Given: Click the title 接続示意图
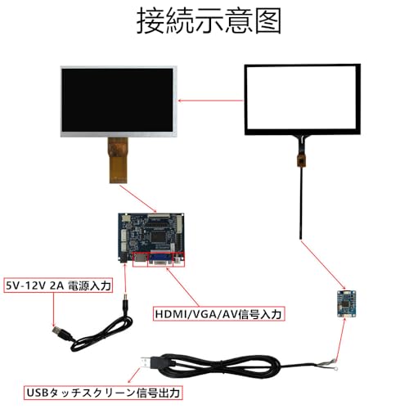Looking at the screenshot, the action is click(x=209, y=21).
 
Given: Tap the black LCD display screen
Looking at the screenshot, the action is click(x=117, y=100).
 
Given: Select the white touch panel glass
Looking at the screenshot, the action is click(x=302, y=99).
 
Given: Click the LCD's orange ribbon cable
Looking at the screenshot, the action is click(x=118, y=160).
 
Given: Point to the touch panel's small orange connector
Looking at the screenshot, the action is click(x=301, y=160).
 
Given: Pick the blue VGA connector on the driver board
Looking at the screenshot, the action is click(x=160, y=259).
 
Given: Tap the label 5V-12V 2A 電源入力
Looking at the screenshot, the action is click(x=58, y=285).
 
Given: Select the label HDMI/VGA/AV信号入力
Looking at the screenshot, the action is click(x=218, y=314).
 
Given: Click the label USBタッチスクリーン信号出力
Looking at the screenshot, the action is click(x=103, y=393).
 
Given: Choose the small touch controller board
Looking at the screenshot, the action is click(x=346, y=304).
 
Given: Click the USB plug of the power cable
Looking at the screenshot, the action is click(x=61, y=333).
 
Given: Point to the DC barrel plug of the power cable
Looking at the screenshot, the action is click(x=125, y=303).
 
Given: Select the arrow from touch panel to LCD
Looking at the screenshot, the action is click(x=210, y=101).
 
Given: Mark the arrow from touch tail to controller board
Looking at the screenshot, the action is click(x=323, y=264).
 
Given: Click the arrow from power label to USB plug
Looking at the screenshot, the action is click(x=53, y=309).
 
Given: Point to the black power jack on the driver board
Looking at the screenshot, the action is click(x=123, y=257).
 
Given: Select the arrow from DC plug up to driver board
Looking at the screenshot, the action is click(x=125, y=277).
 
